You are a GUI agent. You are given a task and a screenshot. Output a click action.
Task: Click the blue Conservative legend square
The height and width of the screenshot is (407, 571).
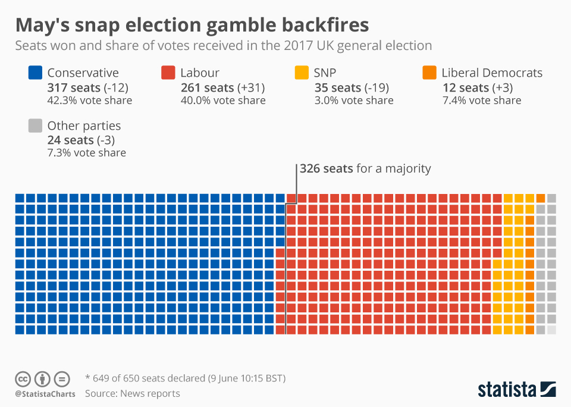pyautogui.click(x=35, y=73)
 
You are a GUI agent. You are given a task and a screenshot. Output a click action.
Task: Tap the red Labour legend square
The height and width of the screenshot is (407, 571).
pyautogui.click(x=168, y=73)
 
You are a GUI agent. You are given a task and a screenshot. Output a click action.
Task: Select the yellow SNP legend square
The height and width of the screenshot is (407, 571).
pyautogui.click(x=302, y=73)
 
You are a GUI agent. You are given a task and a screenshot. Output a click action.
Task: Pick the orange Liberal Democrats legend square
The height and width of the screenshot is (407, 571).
pyautogui.click(x=429, y=73)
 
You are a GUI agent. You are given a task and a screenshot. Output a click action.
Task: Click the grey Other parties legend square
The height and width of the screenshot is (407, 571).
pyautogui.click(x=35, y=126)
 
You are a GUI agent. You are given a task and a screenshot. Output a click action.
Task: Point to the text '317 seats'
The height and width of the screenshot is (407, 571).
pyautogui.click(x=74, y=87)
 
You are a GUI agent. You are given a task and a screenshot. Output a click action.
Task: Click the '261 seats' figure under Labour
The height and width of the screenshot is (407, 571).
pyautogui.click(x=207, y=87)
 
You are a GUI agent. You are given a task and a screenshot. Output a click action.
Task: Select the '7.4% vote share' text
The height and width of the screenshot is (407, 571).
pyautogui.click(x=481, y=101)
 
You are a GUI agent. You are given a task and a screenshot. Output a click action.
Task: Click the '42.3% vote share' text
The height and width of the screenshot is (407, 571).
pyautogui.click(x=89, y=101)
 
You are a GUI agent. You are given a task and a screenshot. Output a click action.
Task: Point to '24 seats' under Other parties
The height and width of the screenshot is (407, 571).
pyautogui.click(x=70, y=140)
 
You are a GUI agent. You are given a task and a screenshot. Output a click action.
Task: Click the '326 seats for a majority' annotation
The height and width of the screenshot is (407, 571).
pyautogui.click(x=365, y=168)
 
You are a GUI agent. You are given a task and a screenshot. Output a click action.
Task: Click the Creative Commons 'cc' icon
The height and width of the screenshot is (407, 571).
pyautogui.click(x=23, y=378)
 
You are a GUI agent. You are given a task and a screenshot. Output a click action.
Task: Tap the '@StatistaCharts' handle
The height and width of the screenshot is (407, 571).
pyautogui.click(x=45, y=394)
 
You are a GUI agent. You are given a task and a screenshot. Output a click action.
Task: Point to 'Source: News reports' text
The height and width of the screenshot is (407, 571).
pyautogui.click(x=132, y=393)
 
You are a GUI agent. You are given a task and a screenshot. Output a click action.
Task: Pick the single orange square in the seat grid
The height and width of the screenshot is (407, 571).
pyautogui.click(x=540, y=198)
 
